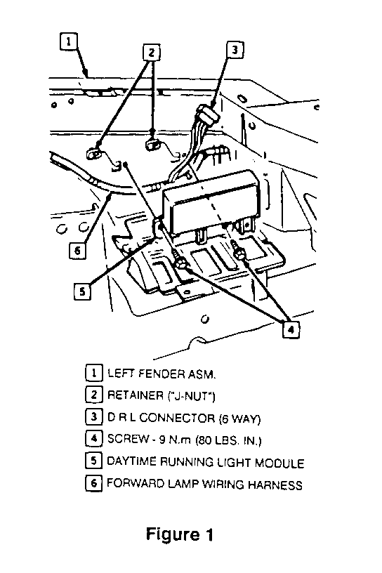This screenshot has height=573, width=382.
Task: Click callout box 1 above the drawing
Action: click(x=69, y=41)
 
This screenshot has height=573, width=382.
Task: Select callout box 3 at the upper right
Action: click(x=235, y=50)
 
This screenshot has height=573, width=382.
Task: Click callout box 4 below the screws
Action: click(x=291, y=330)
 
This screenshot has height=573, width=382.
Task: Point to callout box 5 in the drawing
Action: click(x=83, y=291)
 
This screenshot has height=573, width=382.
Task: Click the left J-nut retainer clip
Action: click(x=93, y=153)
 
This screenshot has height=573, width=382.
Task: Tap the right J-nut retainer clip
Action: click(x=152, y=144)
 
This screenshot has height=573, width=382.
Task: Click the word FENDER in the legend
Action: click(x=160, y=374)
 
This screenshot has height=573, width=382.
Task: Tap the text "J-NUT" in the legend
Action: click(x=192, y=396)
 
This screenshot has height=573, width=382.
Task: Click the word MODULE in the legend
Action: click(x=279, y=463)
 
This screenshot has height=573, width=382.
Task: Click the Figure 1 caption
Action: click(x=180, y=534)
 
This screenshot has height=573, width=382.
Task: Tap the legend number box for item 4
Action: click(x=93, y=438)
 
